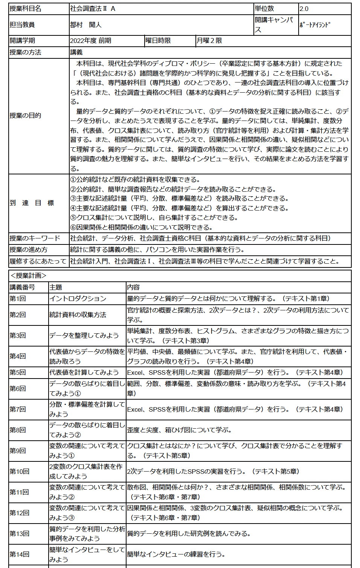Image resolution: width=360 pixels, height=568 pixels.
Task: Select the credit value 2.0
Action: [x=304, y=9]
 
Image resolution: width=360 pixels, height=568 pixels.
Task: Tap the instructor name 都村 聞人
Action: [x=86, y=25]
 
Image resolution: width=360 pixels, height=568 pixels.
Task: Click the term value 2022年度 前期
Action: [x=91, y=41]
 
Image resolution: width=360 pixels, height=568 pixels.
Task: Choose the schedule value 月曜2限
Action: [x=209, y=41]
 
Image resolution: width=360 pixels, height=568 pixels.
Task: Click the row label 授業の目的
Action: [x=25, y=116]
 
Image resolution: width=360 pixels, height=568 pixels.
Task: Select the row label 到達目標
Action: [x=32, y=203]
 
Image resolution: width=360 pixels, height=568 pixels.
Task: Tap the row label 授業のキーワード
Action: [x=35, y=238]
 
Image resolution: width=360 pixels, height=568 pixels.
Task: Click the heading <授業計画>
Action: [x=28, y=276]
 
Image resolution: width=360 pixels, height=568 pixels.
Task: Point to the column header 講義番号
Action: [x=22, y=287]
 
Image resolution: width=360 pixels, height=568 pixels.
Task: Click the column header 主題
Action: [x=56, y=287]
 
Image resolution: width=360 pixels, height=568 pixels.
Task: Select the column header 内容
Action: [x=133, y=287]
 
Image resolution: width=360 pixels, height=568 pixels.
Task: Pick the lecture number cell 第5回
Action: [x=18, y=373]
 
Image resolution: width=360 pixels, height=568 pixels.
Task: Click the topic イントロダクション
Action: [x=78, y=299]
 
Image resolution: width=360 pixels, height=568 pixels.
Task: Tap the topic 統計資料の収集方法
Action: [x=78, y=315]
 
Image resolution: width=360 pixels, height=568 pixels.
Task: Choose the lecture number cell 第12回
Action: [x=19, y=513]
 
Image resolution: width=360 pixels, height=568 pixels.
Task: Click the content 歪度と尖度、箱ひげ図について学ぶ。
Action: [x=180, y=430]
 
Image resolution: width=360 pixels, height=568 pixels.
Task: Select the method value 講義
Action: [x=76, y=52]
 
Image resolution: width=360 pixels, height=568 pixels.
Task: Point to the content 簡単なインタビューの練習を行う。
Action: [x=176, y=554]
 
